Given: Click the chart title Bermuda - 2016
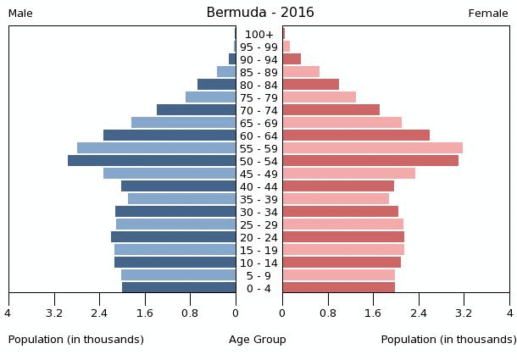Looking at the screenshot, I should (x=259, y=13).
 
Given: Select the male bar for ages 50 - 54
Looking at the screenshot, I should (x=152, y=161).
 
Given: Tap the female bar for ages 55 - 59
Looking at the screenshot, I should (x=372, y=148).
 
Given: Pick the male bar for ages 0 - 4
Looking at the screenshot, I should (x=179, y=288).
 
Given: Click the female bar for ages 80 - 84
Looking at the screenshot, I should (x=310, y=85).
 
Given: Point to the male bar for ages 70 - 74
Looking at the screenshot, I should (x=196, y=110).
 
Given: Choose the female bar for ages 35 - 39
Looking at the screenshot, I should (x=335, y=199).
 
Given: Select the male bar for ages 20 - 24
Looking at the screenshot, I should (x=173, y=237).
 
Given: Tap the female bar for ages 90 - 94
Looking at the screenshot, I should (x=292, y=59).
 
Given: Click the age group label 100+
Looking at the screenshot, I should (x=258, y=35).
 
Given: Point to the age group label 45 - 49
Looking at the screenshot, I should (x=258, y=174).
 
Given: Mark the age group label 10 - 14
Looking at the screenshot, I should (x=258, y=263).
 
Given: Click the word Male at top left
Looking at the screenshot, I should (x=20, y=14).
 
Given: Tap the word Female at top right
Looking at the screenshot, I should (x=488, y=14).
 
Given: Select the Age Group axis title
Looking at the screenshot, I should (x=258, y=340).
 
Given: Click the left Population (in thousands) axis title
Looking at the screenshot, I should (x=76, y=340).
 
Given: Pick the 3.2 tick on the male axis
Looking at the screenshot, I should (x=54, y=313).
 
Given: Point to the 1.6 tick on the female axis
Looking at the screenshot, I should (x=373, y=313).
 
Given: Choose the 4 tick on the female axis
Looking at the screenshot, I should (x=509, y=313).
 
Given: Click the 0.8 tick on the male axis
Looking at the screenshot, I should (x=190, y=313).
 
